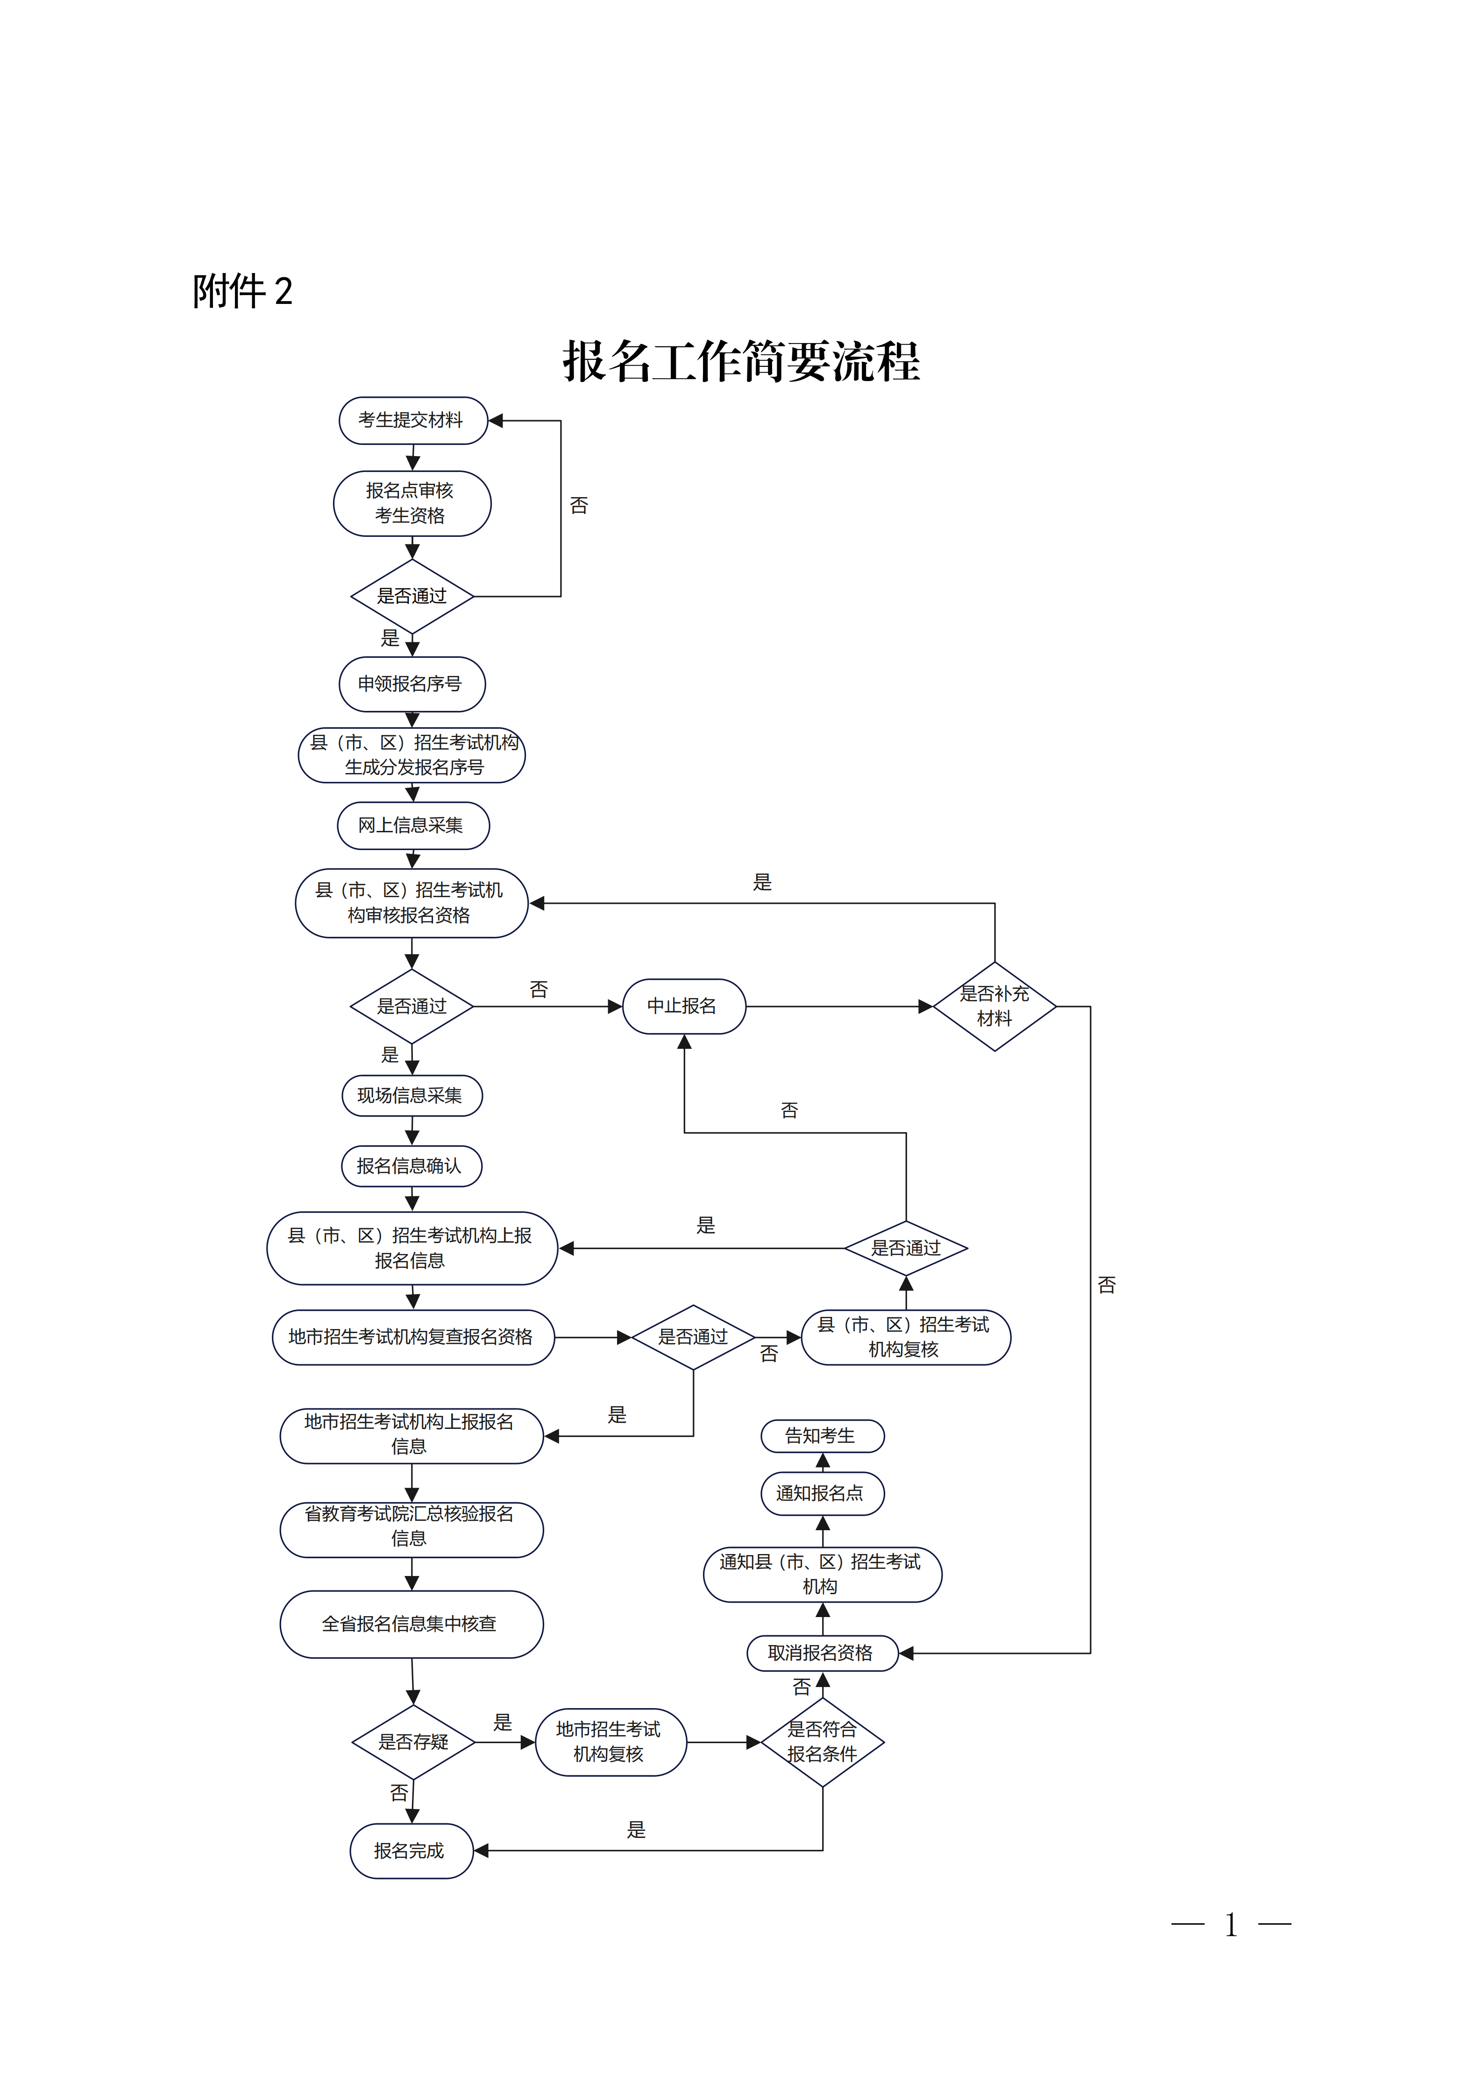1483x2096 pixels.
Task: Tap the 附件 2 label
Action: [242, 291]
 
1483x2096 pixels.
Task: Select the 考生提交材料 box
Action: [413, 421]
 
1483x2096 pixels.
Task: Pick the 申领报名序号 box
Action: [412, 684]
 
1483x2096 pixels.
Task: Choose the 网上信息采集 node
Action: [413, 825]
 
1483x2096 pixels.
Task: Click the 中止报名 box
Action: [684, 1006]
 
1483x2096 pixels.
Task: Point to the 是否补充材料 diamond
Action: [994, 1006]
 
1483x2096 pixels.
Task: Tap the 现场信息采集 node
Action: [412, 1096]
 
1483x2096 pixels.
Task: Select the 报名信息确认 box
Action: [412, 1166]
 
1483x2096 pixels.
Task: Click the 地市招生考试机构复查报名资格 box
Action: [413, 1337]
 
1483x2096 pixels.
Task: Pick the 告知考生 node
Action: [822, 1436]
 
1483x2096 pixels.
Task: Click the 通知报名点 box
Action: [822, 1493]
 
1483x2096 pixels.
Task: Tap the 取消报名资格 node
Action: [822, 1653]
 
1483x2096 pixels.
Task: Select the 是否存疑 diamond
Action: [414, 1742]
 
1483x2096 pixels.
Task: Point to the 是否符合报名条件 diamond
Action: [822, 1742]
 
